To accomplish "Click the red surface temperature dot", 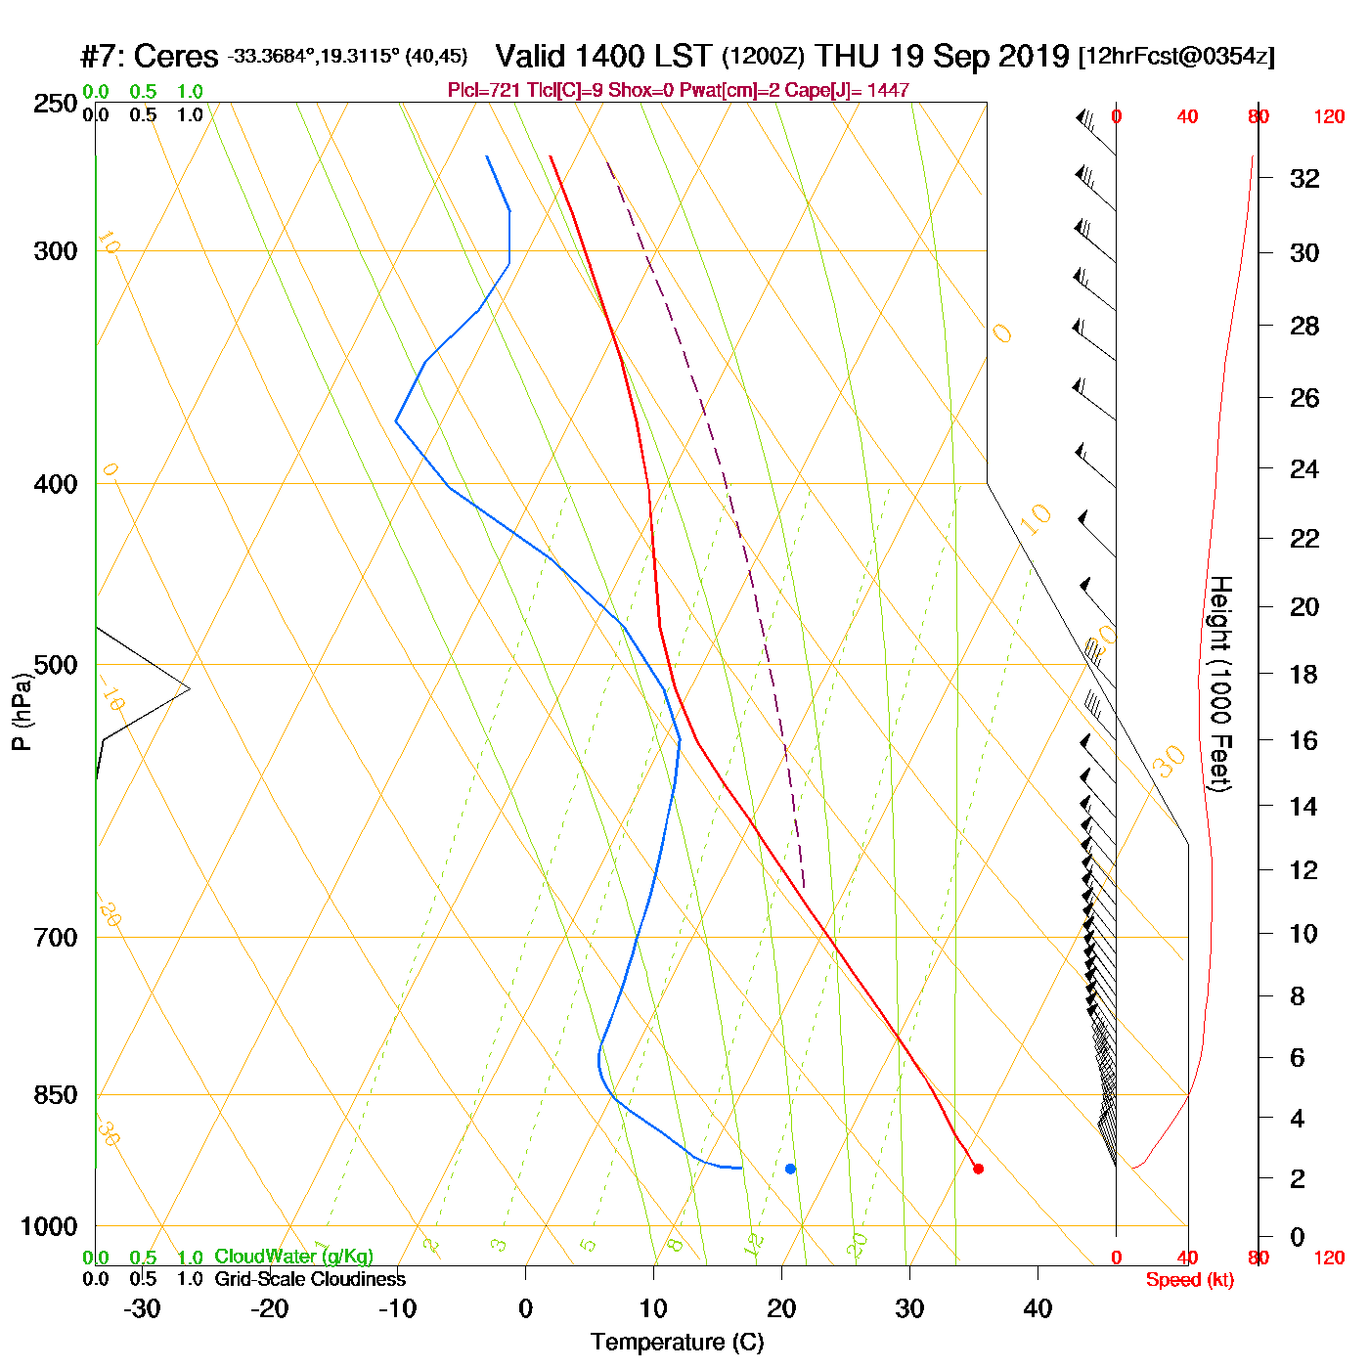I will [978, 1169].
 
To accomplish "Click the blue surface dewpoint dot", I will [790, 1169].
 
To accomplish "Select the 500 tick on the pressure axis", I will [56, 665].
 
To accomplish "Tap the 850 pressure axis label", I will [56, 1095].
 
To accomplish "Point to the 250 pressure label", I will [56, 104].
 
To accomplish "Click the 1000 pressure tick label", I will [49, 1226].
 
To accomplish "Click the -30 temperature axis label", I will [142, 1308].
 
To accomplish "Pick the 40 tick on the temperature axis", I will [1038, 1308].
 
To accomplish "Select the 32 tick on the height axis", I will [1304, 179].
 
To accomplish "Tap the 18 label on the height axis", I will [1304, 675].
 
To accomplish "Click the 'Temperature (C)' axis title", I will [677, 1343].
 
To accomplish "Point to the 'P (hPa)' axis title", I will [22, 712].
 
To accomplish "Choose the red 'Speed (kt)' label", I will [1189, 1280].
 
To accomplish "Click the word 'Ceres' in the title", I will [176, 57].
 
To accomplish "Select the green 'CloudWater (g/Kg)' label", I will [293, 1257].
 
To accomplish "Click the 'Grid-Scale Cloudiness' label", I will [310, 1279].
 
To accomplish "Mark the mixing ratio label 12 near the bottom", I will [753, 1244].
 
